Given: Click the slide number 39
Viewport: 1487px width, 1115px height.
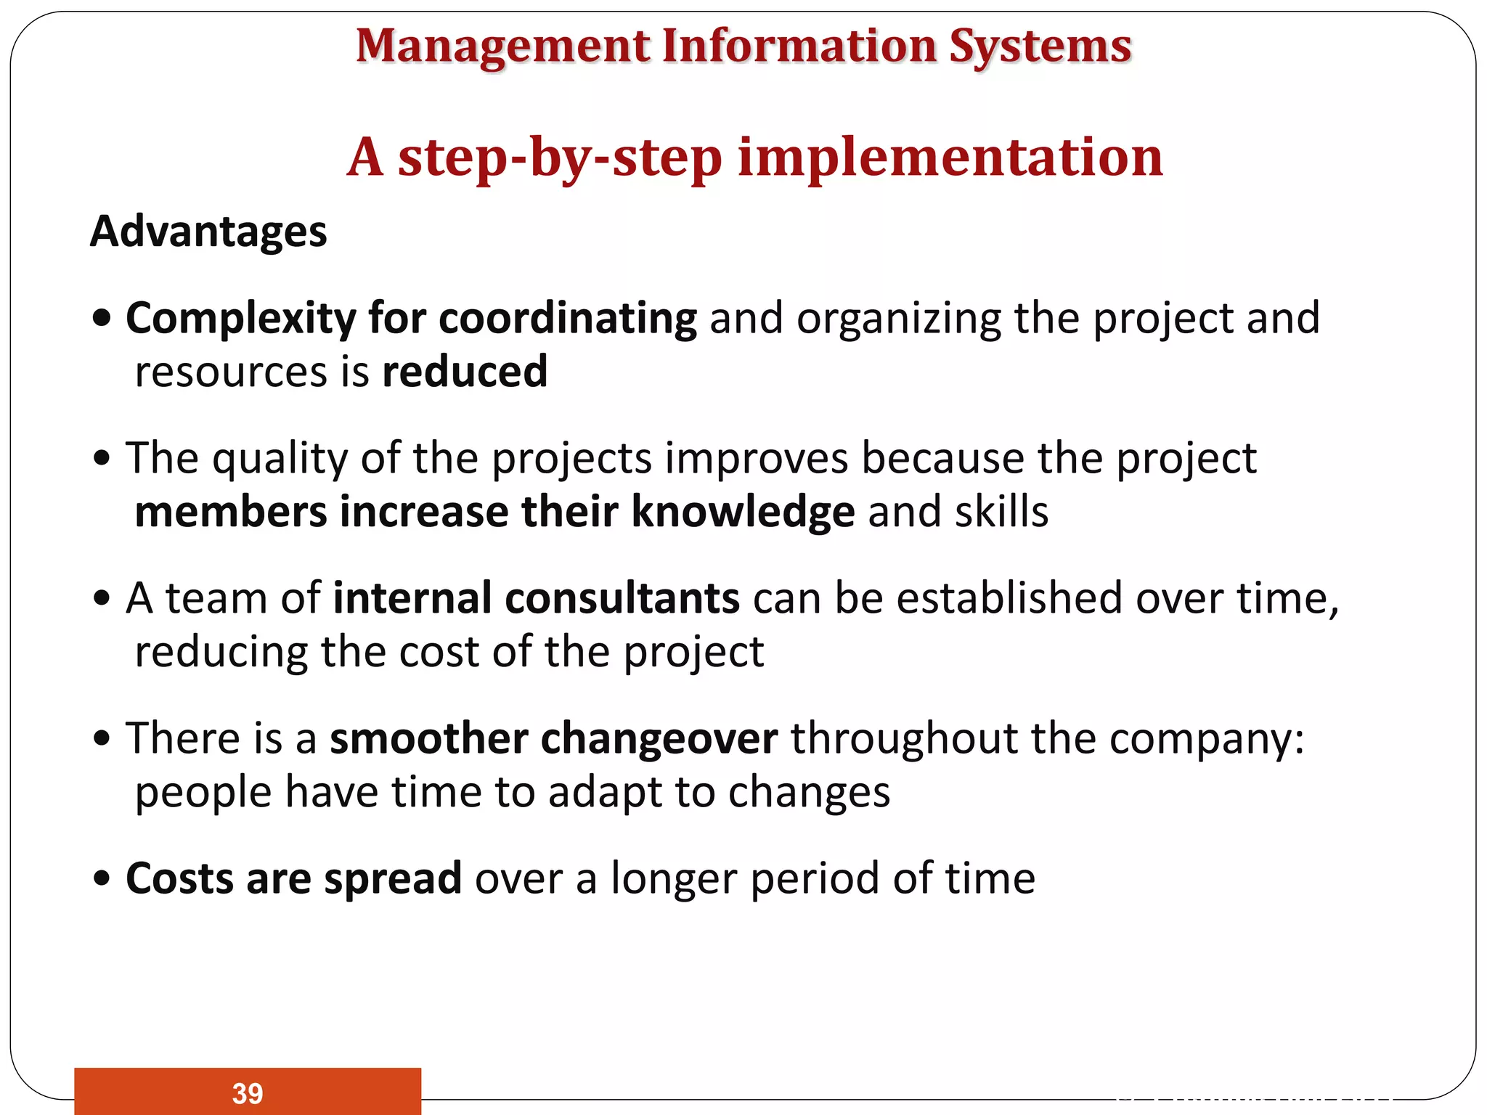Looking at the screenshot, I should [248, 1093].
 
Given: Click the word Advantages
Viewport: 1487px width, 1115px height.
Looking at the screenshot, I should [208, 232].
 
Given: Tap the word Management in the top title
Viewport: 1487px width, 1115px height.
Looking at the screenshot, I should [502, 46].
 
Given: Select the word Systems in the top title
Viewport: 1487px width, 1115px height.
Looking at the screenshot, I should [1040, 46].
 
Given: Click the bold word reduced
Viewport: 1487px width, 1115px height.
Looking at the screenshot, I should [465, 372].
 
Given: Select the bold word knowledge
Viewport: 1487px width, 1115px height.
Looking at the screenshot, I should [743, 512].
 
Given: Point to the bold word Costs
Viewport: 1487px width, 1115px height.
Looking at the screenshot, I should [179, 878].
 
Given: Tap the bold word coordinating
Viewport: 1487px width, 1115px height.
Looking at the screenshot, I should [568, 319].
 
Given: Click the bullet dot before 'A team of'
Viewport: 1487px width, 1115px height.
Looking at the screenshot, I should [102, 599].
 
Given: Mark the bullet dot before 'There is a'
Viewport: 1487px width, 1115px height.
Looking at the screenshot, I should [102, 739].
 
